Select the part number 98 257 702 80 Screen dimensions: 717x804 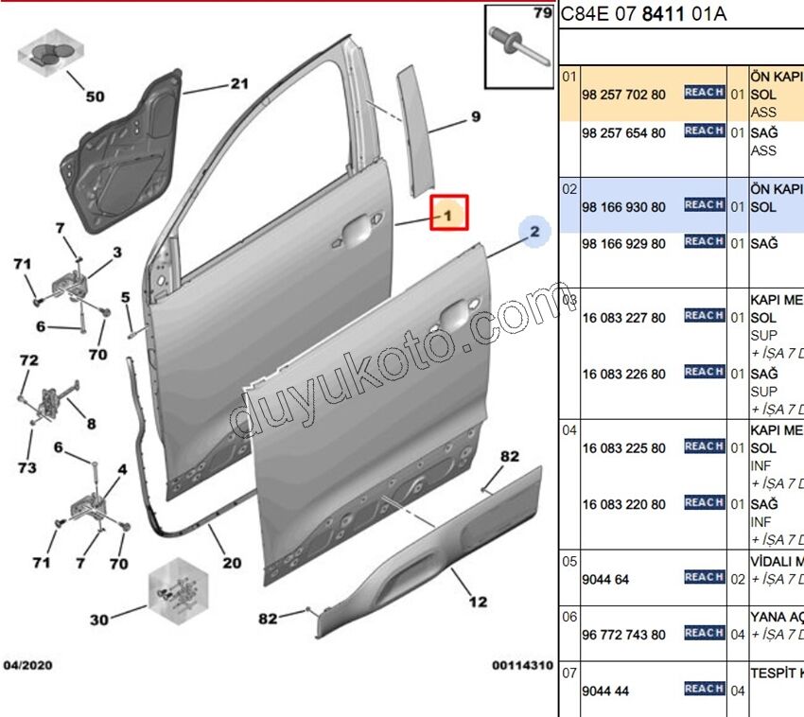coord(624,95)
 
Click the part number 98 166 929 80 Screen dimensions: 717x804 coord(624,244)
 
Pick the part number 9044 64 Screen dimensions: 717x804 coord(605,578)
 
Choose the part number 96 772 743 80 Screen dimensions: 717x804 coord(624,635)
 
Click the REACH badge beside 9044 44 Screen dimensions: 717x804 coord(704,690)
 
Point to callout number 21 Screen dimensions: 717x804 coord(238,84)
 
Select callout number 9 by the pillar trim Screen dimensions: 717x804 coord(476,118)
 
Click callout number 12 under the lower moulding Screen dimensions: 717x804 coord(478,602)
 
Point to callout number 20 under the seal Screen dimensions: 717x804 coord(232,563)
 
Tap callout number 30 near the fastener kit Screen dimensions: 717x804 coord(99,621)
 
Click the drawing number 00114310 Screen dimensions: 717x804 coord(521,666)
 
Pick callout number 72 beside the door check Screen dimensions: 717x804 coord(29,360)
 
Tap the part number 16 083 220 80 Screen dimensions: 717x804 coord(624,505)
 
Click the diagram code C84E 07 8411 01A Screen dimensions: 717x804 coord(642,14)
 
